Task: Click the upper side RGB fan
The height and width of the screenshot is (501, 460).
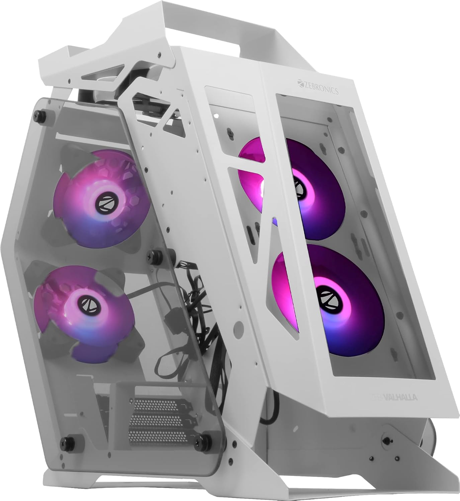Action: point(100,197)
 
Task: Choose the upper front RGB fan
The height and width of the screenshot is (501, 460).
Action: point(294,187)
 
